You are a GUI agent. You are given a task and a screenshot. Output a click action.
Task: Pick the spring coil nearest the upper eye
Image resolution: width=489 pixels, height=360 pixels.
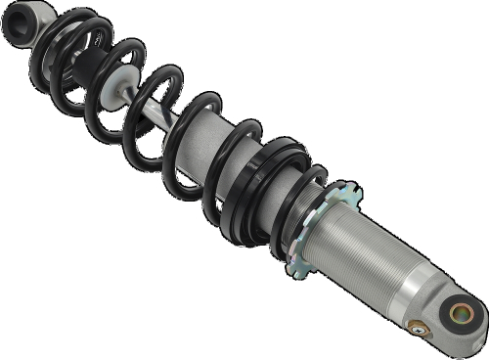pos(59,39)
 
